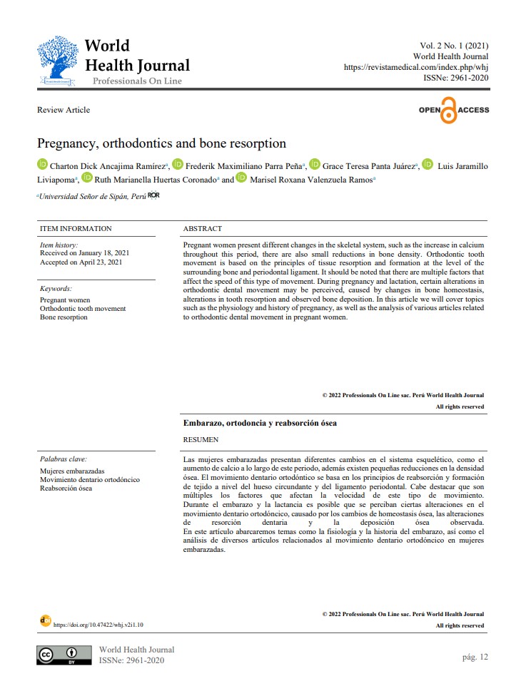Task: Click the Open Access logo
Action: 454,111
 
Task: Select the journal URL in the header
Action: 416,67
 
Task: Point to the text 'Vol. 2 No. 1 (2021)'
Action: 450,46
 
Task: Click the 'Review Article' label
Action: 64,110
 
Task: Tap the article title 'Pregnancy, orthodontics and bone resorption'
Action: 161,143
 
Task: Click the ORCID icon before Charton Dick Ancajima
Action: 43,165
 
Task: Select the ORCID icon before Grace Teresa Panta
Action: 315,165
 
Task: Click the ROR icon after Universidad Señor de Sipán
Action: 153,195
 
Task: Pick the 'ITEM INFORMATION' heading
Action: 76,229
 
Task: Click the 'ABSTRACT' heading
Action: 203,229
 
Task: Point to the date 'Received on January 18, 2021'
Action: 85,253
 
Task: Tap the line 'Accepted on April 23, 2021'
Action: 81,262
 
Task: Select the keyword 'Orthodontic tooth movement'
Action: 83,309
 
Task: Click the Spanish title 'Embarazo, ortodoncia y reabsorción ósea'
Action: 260,423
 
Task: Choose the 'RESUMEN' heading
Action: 201,440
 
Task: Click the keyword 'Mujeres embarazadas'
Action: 72,471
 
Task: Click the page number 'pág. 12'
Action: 475,657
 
